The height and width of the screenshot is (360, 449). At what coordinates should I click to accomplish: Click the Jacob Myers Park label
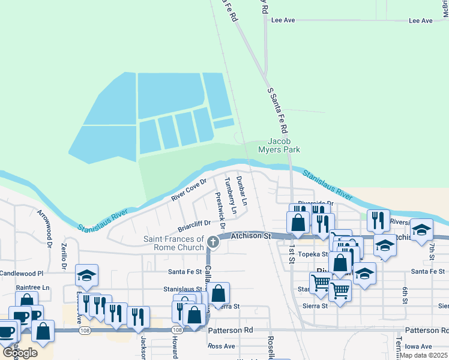click(x=279, y=145)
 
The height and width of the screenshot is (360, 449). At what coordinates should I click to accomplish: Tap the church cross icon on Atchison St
click(x=212, y=242)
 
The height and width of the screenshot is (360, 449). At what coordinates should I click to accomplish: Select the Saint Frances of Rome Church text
click(x=173, y=244)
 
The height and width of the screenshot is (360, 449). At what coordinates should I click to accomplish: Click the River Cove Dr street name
click(x=188, y=189)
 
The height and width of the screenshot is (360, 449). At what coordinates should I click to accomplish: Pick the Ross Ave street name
click(x=221, y=346)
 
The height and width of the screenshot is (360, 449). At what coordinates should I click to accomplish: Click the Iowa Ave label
click(x=418, y=346)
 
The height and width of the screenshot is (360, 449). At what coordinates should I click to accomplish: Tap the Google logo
click(x=20, y=352)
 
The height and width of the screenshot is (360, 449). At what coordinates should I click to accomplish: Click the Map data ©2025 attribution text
click(x=423, y=355)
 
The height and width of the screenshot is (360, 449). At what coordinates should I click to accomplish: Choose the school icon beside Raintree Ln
click(x=87, y=275)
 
